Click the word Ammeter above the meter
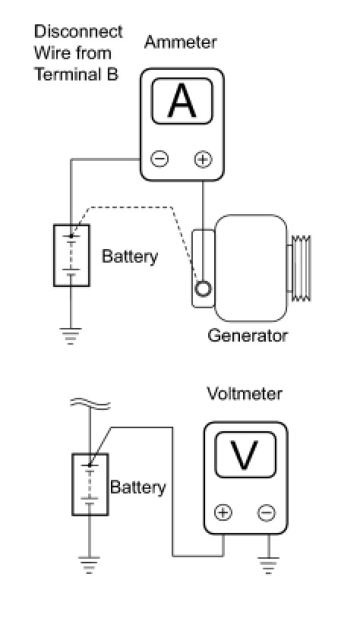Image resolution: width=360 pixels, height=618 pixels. click(180, 43)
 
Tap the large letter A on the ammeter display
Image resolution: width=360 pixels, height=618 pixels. click(182, 101)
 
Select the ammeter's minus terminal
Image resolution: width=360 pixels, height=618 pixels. click(159, 159)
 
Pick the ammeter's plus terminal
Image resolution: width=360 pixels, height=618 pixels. click(203, 159)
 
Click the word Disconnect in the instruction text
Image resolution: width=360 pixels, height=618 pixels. click(78, 32)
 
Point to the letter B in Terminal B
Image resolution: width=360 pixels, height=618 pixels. click(112, 74)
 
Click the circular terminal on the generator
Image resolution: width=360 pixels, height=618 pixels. click(203, 289)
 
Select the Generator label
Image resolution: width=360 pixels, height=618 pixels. click(248, 336)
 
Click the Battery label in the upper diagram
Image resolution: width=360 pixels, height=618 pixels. click(130, 256)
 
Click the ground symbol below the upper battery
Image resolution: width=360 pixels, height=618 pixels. click(71, 336)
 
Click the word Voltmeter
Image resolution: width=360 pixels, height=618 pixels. click(245, 394)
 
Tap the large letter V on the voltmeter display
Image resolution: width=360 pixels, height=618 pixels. click(245, 456)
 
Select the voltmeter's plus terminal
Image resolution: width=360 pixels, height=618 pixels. click(223, 512)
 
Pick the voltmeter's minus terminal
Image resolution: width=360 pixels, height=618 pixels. click(267, 512)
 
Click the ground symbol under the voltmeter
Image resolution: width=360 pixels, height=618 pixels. click(269, 565)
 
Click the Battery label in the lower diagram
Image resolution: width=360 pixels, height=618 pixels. click(138, 487)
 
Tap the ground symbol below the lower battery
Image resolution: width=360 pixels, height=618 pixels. click(89, 564)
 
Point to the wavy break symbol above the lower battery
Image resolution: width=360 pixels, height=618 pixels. click(90, 404)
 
